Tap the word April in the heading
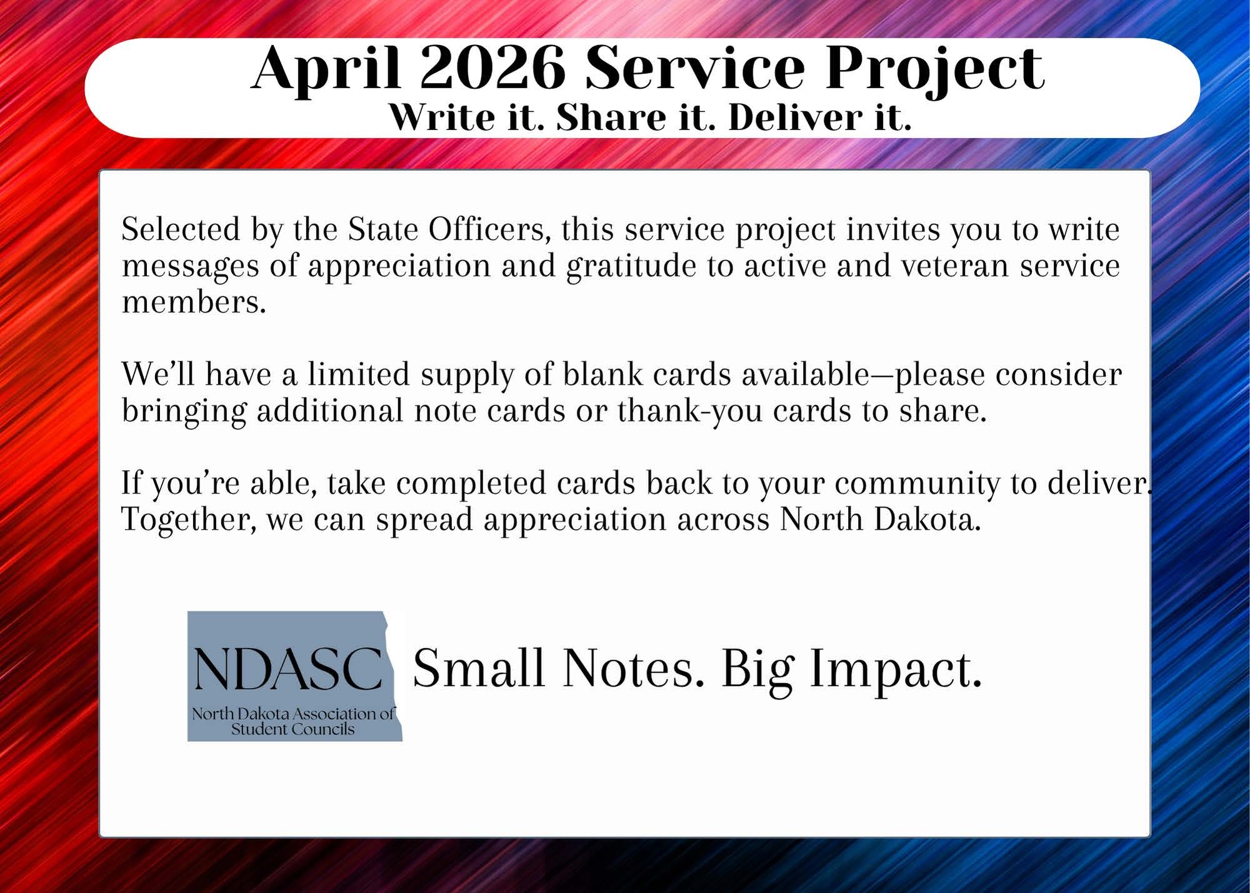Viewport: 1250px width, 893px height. [326, 69]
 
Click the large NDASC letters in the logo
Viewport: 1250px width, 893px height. [288, 668]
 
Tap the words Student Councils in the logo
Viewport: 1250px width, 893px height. [292, 729]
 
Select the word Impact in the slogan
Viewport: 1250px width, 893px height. [896, 668]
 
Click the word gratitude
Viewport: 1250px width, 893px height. [631, 266]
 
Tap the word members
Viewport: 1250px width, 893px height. [193, 302]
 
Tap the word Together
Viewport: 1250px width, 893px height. [188, 520]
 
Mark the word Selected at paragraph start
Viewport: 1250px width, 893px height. [181, 230]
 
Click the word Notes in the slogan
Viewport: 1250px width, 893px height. [629, 668]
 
